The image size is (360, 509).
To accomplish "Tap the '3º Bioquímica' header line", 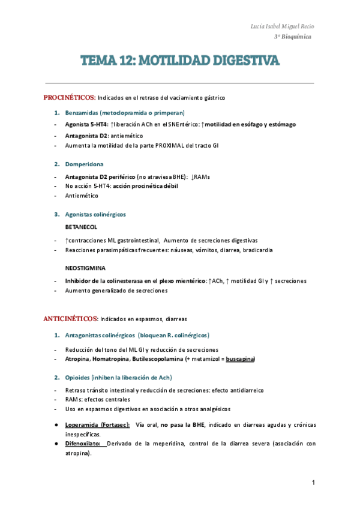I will coord(294,37).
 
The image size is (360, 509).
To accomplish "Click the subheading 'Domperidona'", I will coord(84,164).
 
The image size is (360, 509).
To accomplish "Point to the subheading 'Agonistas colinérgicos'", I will coord(95,214).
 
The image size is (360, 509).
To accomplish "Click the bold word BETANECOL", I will coord(81,227).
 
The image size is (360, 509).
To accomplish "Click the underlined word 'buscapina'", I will coord(238,359).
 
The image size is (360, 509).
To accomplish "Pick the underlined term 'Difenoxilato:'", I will coord(85,444).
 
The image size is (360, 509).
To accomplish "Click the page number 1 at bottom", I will coord(313,483).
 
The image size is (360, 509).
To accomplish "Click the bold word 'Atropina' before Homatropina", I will coord(77,359).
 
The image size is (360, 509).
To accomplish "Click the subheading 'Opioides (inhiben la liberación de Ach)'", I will coord(118,377).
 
